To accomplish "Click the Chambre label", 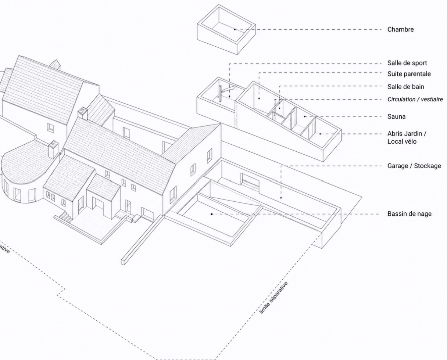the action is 400,29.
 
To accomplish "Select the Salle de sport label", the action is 407,63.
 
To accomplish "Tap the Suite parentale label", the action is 409,74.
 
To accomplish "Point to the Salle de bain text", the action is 406,87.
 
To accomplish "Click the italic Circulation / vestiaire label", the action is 415,99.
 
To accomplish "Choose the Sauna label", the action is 396,116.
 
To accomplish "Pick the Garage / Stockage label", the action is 414,166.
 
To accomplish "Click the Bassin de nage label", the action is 410,214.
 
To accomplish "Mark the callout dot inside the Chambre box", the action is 235,29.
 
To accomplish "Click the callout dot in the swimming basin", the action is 211,214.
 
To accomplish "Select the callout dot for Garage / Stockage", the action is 281,198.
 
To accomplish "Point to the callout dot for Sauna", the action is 305,116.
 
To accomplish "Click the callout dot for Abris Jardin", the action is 320,134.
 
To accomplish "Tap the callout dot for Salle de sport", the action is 229,97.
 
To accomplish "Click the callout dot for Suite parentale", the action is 259,98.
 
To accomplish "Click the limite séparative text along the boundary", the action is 274,298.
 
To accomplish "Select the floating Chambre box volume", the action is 226,29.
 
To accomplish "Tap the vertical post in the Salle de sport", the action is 220,93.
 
